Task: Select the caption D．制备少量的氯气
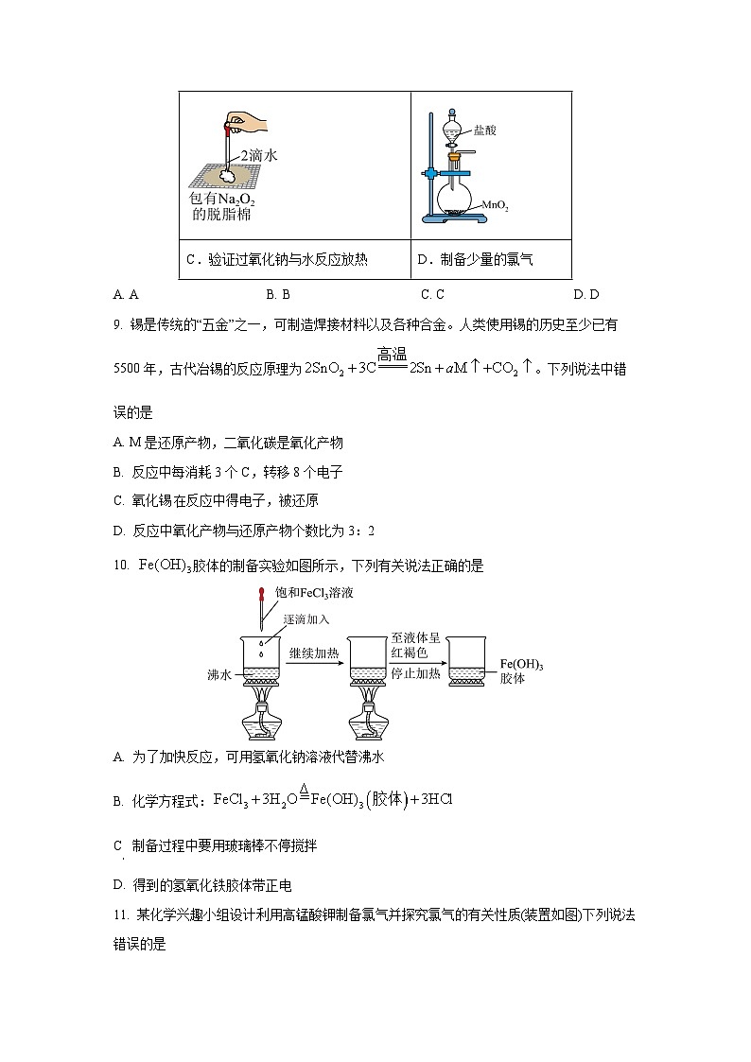click(474, 259)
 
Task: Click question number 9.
click(117, 325)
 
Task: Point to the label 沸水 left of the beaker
click(218, 674)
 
